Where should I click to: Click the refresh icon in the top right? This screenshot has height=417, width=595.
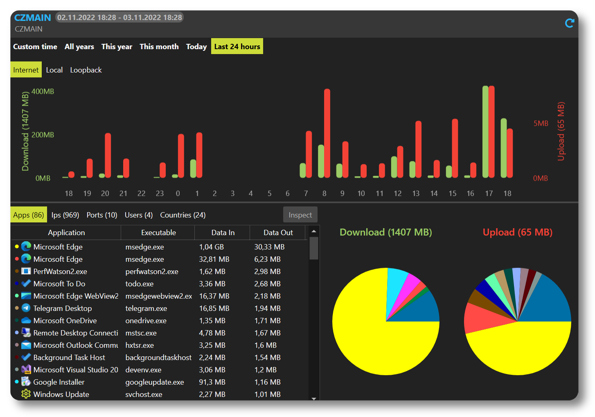point(569,23)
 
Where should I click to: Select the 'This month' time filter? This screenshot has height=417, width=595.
point(159,47)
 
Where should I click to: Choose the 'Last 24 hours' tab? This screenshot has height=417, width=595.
point(237,47)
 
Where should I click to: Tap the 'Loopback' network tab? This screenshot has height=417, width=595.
point(86,70)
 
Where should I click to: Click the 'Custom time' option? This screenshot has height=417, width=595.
point(35,47)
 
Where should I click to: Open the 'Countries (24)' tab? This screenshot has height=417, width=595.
point(183,215)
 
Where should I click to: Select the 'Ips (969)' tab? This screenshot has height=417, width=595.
point(65,215)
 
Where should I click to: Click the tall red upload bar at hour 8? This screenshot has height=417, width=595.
point(327,133)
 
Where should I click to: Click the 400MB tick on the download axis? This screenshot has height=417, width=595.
point(43,91)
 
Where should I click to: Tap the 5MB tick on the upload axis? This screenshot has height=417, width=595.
point(541,123)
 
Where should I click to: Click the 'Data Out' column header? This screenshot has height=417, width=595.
point(278,233)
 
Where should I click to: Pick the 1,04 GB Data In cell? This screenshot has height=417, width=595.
point(212,247)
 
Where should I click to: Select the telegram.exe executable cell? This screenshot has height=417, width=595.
point(146,308)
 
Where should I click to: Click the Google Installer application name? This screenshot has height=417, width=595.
point(59,382)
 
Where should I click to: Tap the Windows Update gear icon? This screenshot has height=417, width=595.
point(26,394)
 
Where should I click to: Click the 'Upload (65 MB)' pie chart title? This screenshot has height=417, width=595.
point(517,232)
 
